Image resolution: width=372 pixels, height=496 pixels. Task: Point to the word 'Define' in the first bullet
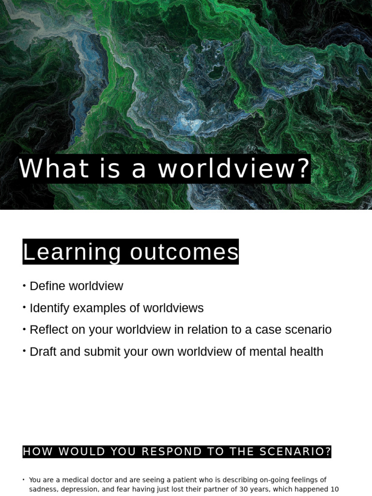pos(47,286)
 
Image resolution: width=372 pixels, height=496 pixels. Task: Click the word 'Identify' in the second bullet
pos(49,308)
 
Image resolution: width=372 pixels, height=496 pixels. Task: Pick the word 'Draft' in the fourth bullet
pos(43,352)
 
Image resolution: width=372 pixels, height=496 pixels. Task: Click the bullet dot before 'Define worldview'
pos(24,285)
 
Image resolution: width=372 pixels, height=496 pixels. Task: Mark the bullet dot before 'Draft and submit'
pos(24,351)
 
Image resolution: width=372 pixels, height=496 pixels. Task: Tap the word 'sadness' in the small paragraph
pos(43,489)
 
